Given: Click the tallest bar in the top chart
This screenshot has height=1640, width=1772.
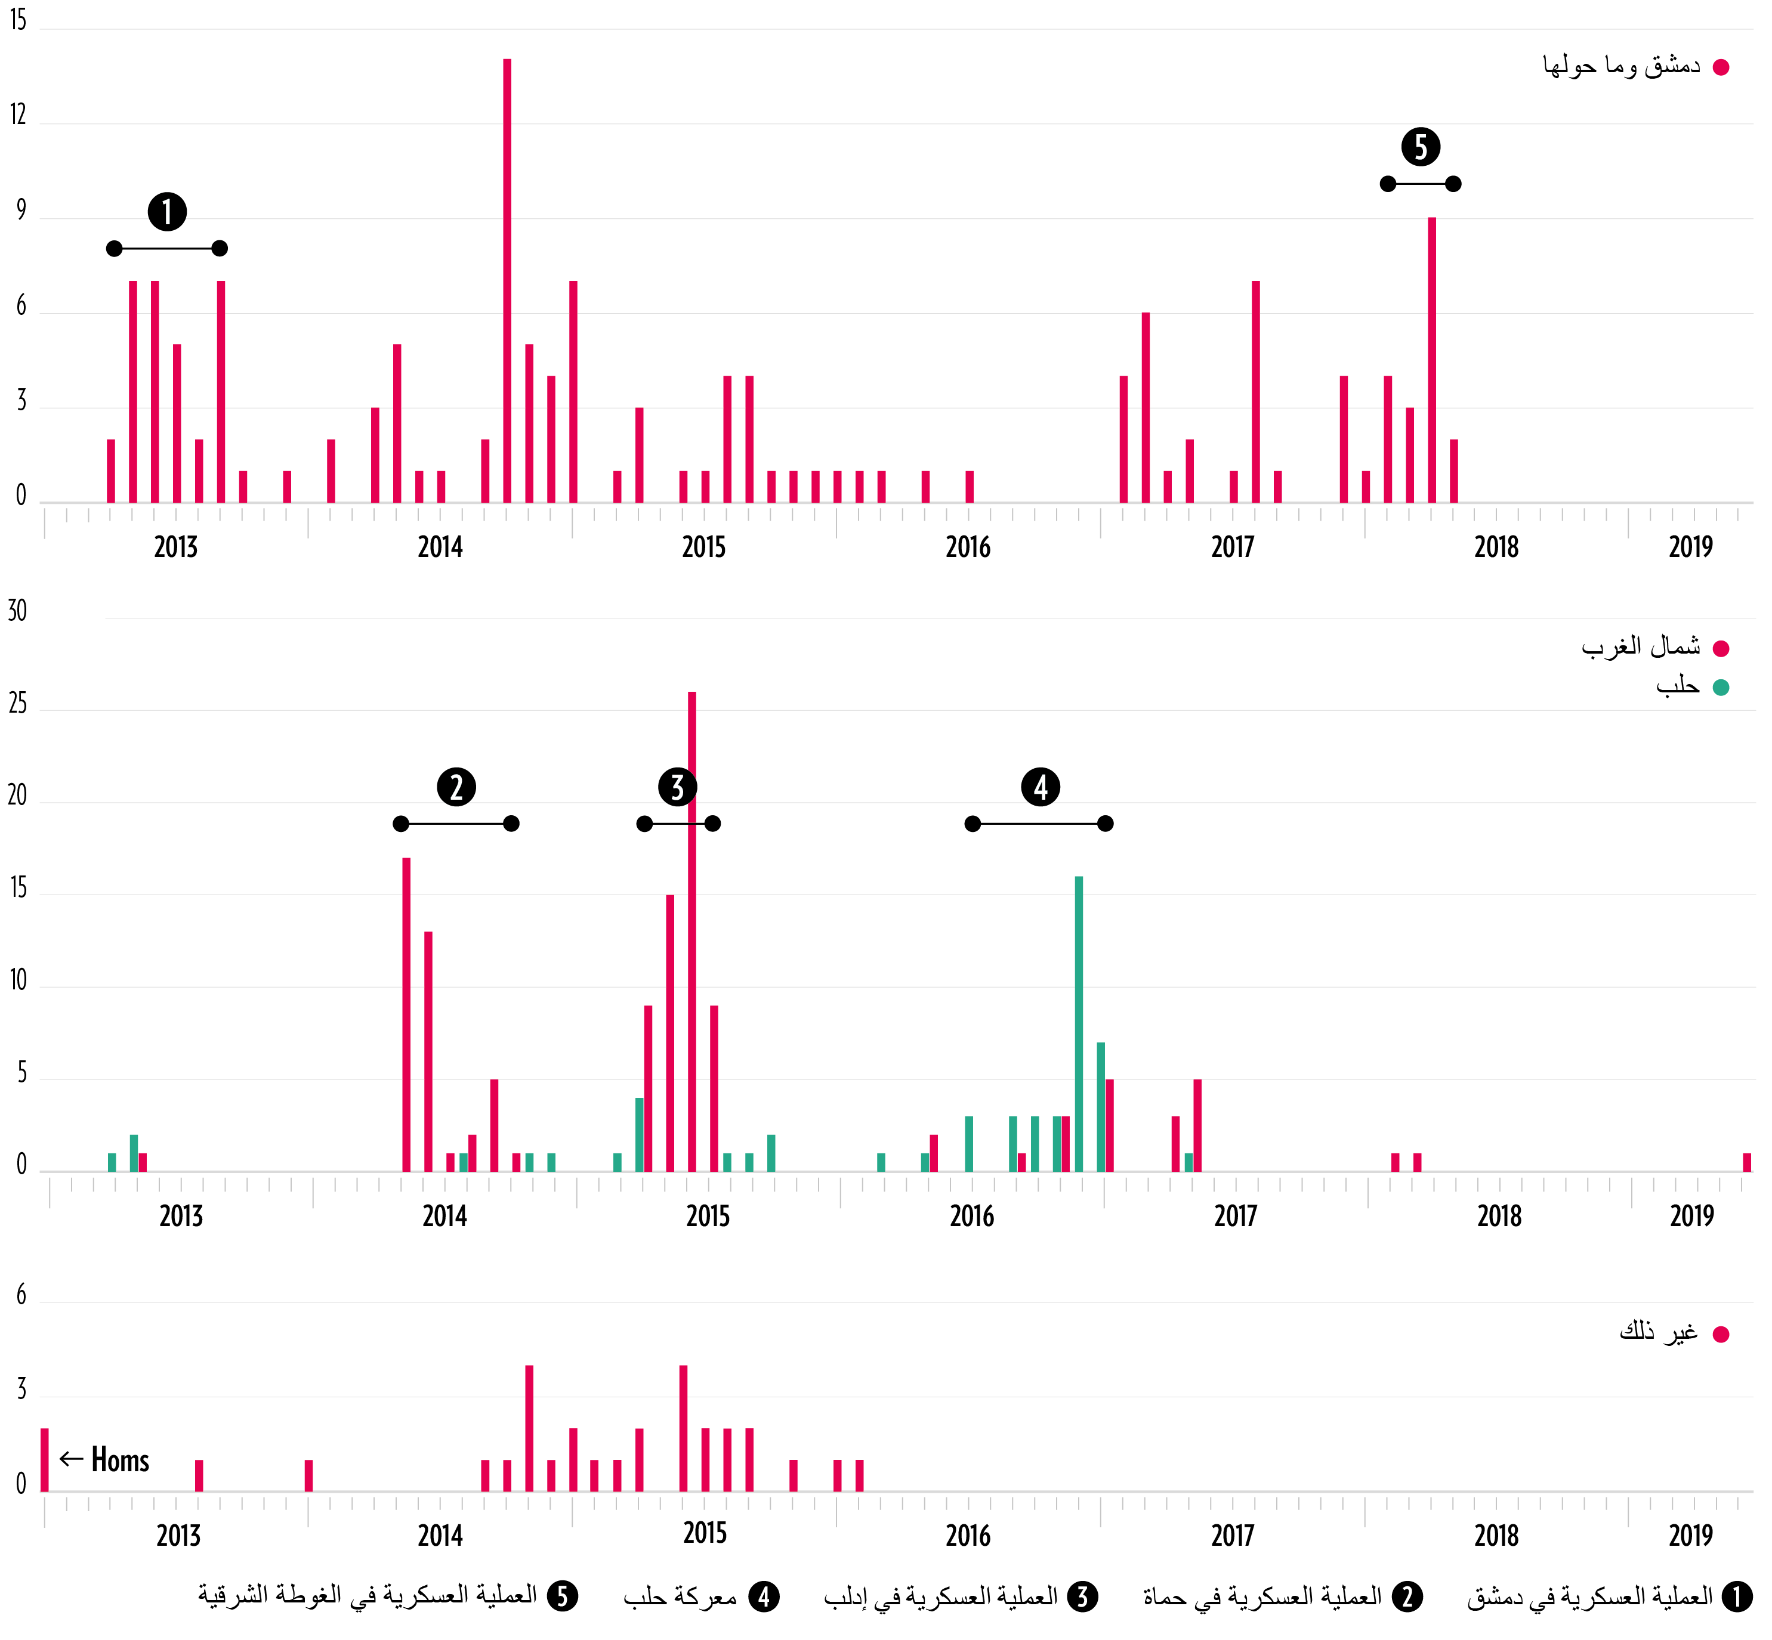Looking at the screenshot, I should click(507, 280).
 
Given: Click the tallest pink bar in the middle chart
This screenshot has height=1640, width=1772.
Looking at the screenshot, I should click(691, 932).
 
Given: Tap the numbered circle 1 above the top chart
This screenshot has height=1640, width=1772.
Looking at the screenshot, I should click(167, 212).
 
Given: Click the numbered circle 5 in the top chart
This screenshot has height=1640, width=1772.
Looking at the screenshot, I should click(1421, 147).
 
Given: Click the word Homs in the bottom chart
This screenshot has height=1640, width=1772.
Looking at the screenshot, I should click(120, 1460).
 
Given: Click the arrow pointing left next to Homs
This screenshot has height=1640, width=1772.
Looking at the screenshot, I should click(71, 1459).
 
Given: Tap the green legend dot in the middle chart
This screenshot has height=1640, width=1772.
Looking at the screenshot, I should click(1721, 688).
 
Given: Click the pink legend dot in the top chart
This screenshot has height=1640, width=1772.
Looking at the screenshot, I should click(1721, 67).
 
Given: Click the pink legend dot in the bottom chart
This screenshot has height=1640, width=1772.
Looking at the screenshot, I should click(1721, 1335).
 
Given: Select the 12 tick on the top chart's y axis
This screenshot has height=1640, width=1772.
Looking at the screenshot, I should click(18, 115).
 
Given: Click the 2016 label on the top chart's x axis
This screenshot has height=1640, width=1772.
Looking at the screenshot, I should click(968, 547).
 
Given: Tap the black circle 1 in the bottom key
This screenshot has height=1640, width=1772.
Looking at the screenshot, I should click(1736, 1596).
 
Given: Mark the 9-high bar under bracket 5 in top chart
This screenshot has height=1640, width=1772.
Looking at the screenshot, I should click(1432, 360).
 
